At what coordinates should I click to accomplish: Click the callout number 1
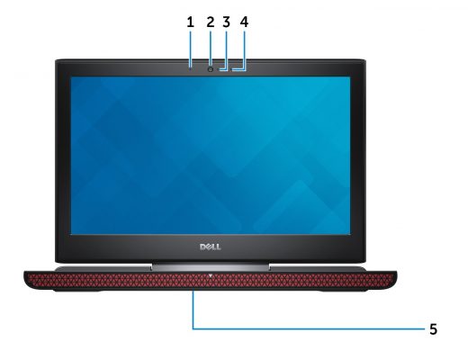190,22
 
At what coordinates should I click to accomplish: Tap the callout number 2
211,22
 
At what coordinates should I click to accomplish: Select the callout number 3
227,22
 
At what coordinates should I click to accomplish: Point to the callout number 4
244,22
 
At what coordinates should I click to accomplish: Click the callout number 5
433,329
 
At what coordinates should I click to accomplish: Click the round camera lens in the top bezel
211,69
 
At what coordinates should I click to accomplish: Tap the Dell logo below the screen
211,247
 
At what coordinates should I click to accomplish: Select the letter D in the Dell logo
202,247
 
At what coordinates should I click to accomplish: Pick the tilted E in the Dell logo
209,247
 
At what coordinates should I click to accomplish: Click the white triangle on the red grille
211,275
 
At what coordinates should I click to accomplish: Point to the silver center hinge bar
211,265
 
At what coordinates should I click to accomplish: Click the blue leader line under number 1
191,49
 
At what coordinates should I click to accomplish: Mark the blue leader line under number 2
211,48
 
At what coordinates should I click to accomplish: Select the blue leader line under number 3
227,50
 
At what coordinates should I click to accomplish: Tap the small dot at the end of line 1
191,69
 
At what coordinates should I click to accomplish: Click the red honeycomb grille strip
211,280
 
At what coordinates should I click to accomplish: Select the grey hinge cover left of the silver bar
103,269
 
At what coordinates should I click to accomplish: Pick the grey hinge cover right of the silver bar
318,269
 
